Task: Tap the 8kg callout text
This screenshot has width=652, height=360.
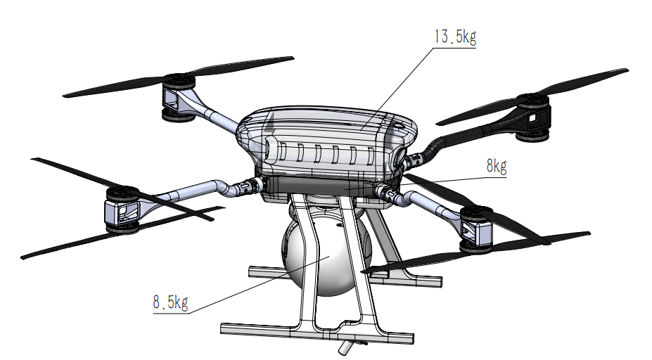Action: (496, 167)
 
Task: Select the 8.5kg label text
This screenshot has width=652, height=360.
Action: (170, 303)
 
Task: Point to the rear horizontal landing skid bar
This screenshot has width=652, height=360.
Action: (408, 281)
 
